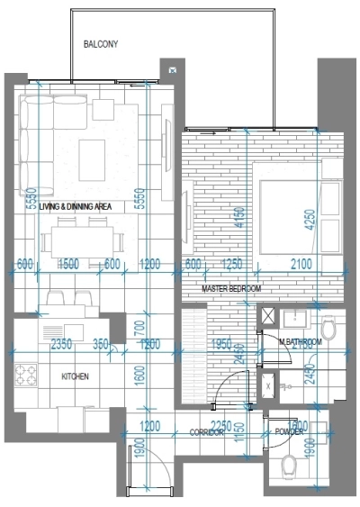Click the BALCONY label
[x=100, y=43]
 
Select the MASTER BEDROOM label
[x=231, y=288]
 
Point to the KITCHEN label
[x=74, y=376]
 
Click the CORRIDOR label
[x=206, y=433]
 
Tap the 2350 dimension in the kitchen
[x=60, y=344]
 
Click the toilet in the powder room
[x=289, y=465]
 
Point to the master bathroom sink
[x=294, y=319]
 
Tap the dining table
[x=82, y=240]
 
